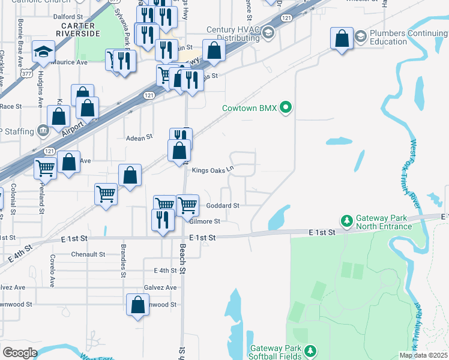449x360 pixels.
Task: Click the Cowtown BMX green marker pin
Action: click(286, 108)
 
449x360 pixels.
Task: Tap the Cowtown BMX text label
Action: click(250, 108)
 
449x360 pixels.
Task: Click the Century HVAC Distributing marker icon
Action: click(268, 30)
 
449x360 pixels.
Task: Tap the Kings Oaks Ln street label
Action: click(212, 170)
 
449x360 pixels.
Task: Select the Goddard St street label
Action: click(223, 205)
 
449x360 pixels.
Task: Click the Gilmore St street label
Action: click(205, 221)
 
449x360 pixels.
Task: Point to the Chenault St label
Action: click(88, 254)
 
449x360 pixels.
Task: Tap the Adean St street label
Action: click(139, 138)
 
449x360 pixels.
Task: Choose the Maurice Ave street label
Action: click(70, 62)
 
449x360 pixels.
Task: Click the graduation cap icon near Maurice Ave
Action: click(43, 52)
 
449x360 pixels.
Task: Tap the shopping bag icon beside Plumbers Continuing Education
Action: click(342, 39)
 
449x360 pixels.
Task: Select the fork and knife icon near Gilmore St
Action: click(161, 220)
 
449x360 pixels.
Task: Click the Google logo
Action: click(20, 353)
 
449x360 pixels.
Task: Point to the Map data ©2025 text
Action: click(423, 355)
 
